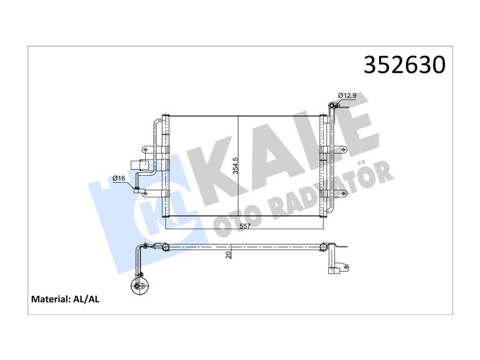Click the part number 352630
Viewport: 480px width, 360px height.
[404, 65]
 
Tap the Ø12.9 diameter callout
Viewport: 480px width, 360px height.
[347, 95]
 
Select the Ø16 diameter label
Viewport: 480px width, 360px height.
[119, 178]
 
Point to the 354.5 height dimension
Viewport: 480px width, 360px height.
[235, 166]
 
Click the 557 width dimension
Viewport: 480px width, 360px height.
[245, 226]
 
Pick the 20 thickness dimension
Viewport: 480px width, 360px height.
[229, 254]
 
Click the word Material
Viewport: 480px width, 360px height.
[51, 299]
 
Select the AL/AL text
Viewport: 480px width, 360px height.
[86, 299]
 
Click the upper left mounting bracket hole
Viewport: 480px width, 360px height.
[145, 149]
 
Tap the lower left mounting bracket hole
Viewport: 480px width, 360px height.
[146, 193]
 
